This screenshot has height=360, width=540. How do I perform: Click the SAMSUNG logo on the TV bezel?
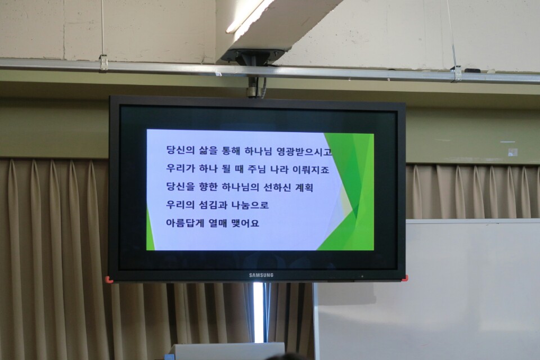(261, 275)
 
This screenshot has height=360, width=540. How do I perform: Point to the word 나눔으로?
(250, 204)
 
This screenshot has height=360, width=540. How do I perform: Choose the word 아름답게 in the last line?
(186, 223)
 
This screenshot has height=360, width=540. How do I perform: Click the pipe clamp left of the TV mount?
(103, 62)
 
